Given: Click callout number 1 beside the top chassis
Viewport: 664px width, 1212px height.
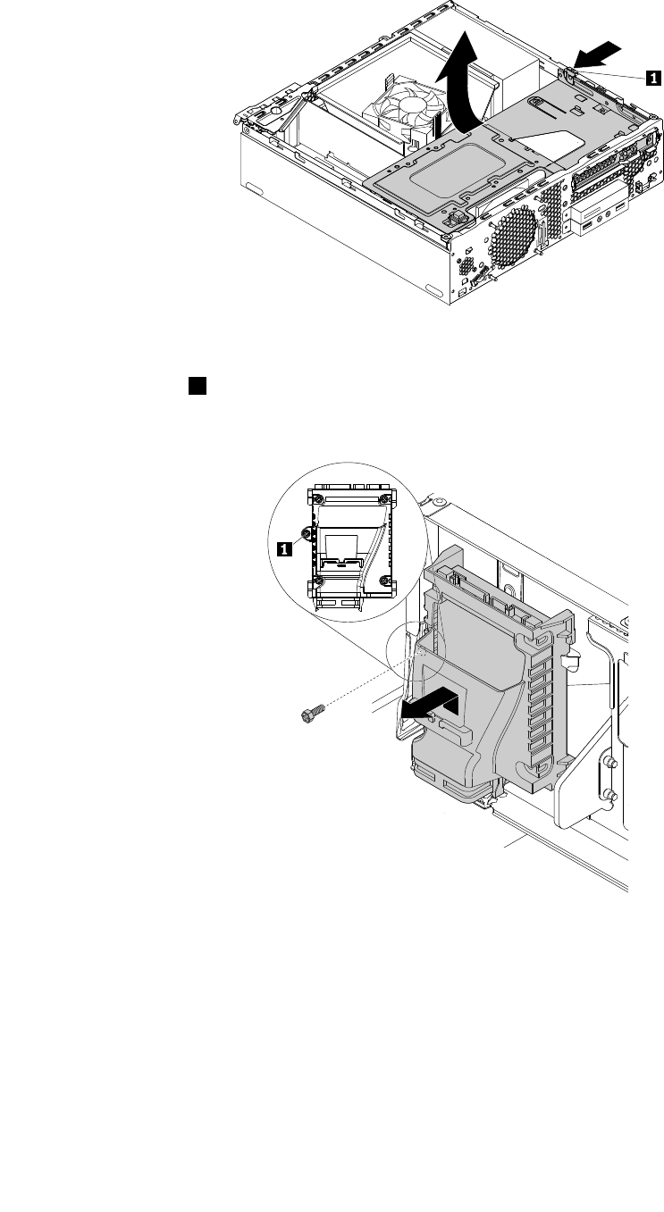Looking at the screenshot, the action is point(654,78).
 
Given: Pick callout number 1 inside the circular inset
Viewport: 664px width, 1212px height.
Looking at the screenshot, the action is point(284,550).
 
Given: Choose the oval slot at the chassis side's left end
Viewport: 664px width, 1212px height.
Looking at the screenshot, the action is point(255,190).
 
